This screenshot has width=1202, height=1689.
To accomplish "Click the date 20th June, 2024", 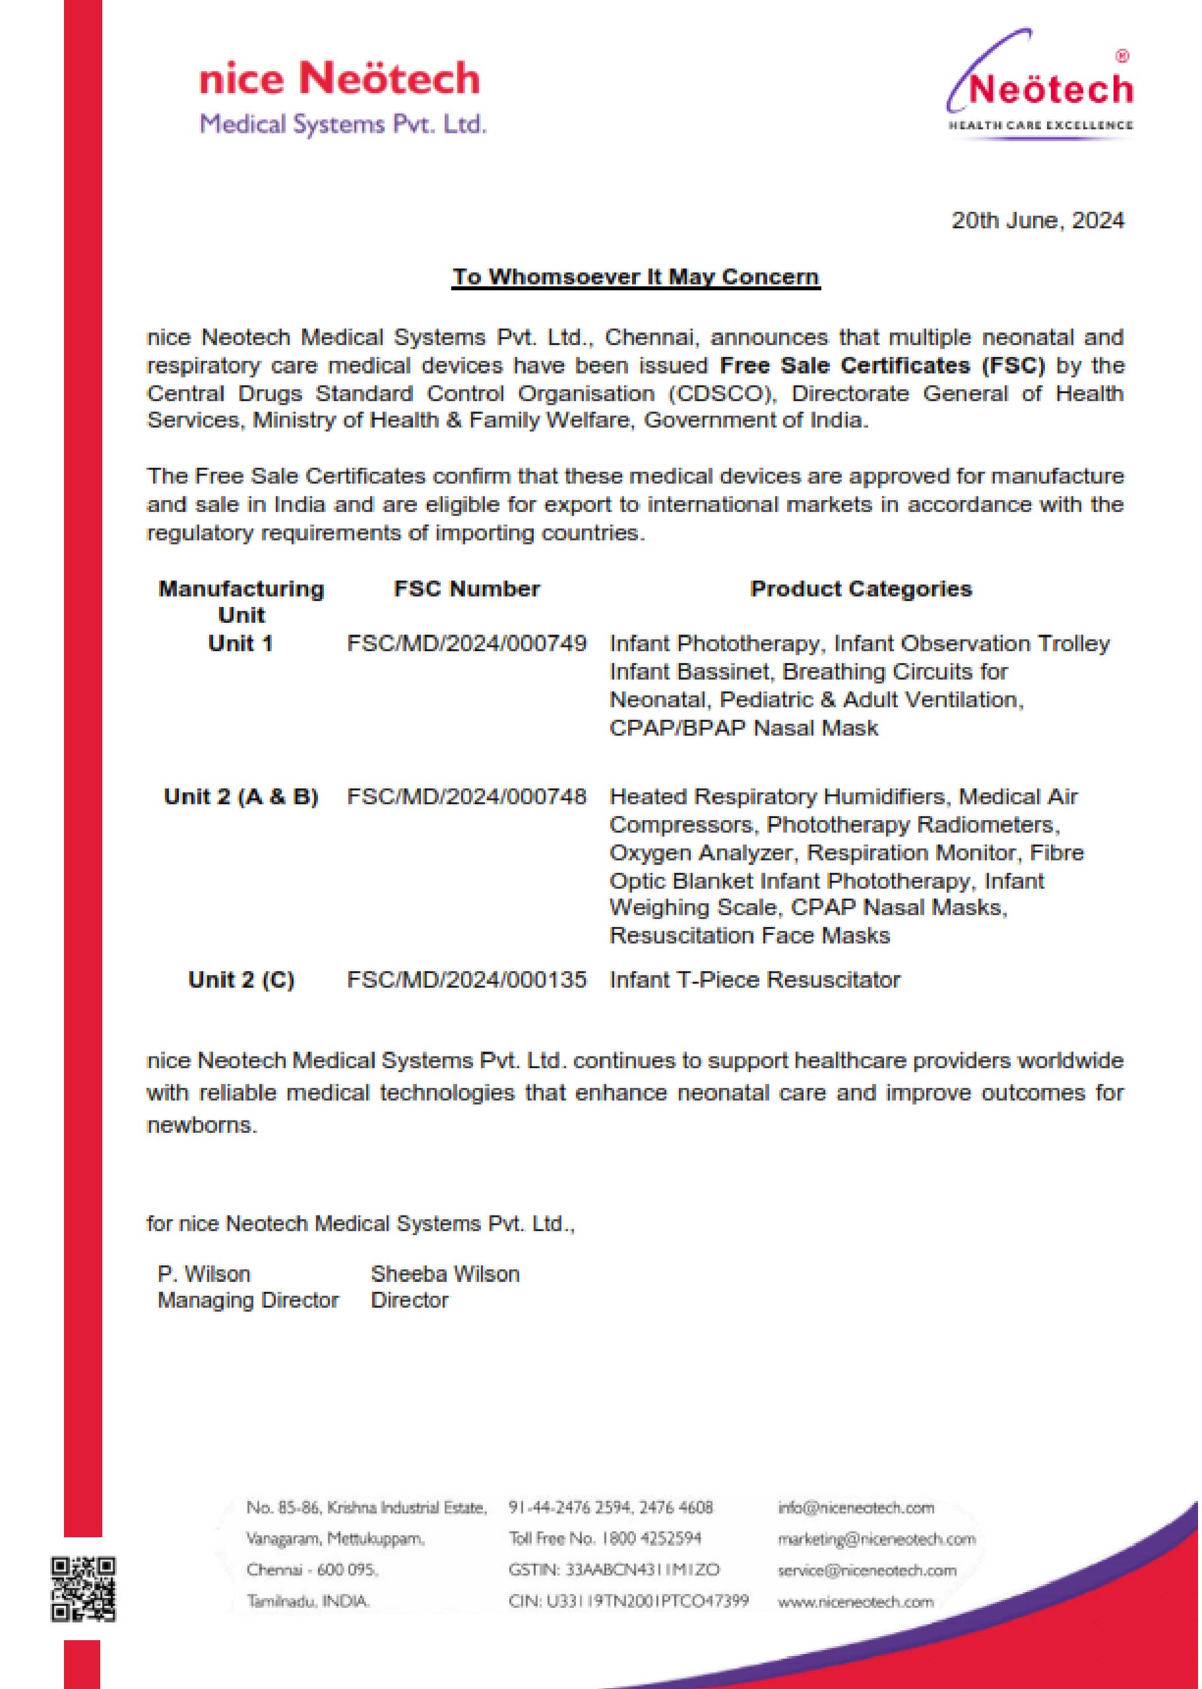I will point(1037,220).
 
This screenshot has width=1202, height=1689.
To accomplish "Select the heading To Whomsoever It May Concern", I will point(636,277).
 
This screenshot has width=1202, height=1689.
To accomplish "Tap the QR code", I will point(83,1589).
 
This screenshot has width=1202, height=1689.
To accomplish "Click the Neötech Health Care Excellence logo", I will point(1040,85).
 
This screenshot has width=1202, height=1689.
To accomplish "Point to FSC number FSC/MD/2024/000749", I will point(466,643).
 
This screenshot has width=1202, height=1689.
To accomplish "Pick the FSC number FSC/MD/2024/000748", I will point(466,796).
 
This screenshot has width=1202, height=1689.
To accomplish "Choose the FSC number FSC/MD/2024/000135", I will point(466,980).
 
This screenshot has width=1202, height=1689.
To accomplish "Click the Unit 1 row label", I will point(241,643).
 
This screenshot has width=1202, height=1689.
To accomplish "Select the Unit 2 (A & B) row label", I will point(241,796).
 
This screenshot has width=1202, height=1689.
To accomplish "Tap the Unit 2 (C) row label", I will point(241,980).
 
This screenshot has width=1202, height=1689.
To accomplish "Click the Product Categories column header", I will point(860,589).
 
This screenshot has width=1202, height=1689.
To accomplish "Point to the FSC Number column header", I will point(466,589).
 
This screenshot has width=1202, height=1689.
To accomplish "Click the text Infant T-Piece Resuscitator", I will point(754,980).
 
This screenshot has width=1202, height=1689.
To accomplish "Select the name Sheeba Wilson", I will point(445,1274).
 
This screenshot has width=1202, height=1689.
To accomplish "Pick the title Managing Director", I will point(248,1300).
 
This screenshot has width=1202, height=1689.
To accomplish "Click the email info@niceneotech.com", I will point(856,1508).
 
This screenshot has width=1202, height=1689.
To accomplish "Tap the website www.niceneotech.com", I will point(856,1602).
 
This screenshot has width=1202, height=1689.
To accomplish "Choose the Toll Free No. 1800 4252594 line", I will point(605,1538).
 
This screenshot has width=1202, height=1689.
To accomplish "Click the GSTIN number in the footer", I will point(614,1570).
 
